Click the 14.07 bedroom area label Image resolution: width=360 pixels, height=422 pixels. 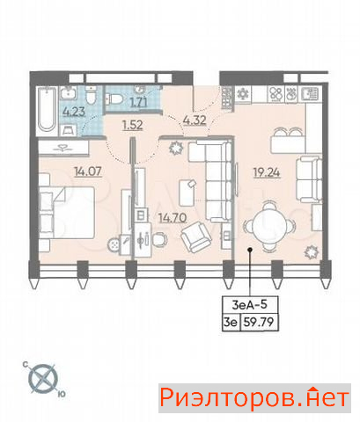(x=88, y=171)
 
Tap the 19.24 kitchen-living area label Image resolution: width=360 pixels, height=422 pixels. (x=267, y=173)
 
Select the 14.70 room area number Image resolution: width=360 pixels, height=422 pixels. (x=173, y=218)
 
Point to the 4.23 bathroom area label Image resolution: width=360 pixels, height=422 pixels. (x=74, y=112)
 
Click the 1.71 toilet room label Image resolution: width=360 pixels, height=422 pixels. (x=139, y=102)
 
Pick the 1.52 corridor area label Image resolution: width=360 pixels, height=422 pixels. (x=133, y=125)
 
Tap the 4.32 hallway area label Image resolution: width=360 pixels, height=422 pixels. (x=195, y=120)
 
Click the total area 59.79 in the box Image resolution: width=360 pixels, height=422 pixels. (x=259, y=323)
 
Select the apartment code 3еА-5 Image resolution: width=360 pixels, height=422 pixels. (x=250, y=305)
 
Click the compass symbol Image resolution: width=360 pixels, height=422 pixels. (x=43, y=378)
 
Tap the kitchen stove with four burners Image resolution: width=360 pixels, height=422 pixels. (x=276, y=94)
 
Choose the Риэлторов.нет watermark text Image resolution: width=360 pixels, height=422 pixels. (x=254, y=398)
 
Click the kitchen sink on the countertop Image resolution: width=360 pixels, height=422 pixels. (x=311, y=94)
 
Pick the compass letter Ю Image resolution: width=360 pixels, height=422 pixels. (x=62, y=394)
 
